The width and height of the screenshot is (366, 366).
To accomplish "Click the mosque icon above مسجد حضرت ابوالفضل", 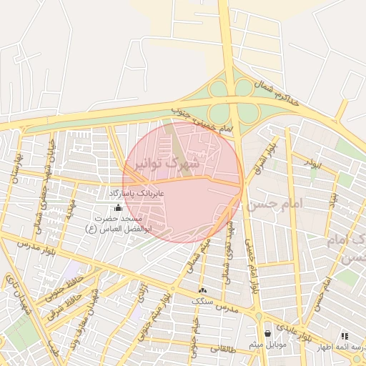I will (119, 207).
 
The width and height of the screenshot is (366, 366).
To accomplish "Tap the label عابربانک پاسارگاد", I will (137, 194).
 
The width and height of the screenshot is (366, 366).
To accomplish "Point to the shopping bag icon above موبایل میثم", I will (267, 333).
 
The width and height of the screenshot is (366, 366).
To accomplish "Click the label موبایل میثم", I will (267, 345).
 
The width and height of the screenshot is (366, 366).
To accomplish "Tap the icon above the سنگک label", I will (202, 290).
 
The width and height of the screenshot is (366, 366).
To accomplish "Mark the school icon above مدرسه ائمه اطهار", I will (345, 335).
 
